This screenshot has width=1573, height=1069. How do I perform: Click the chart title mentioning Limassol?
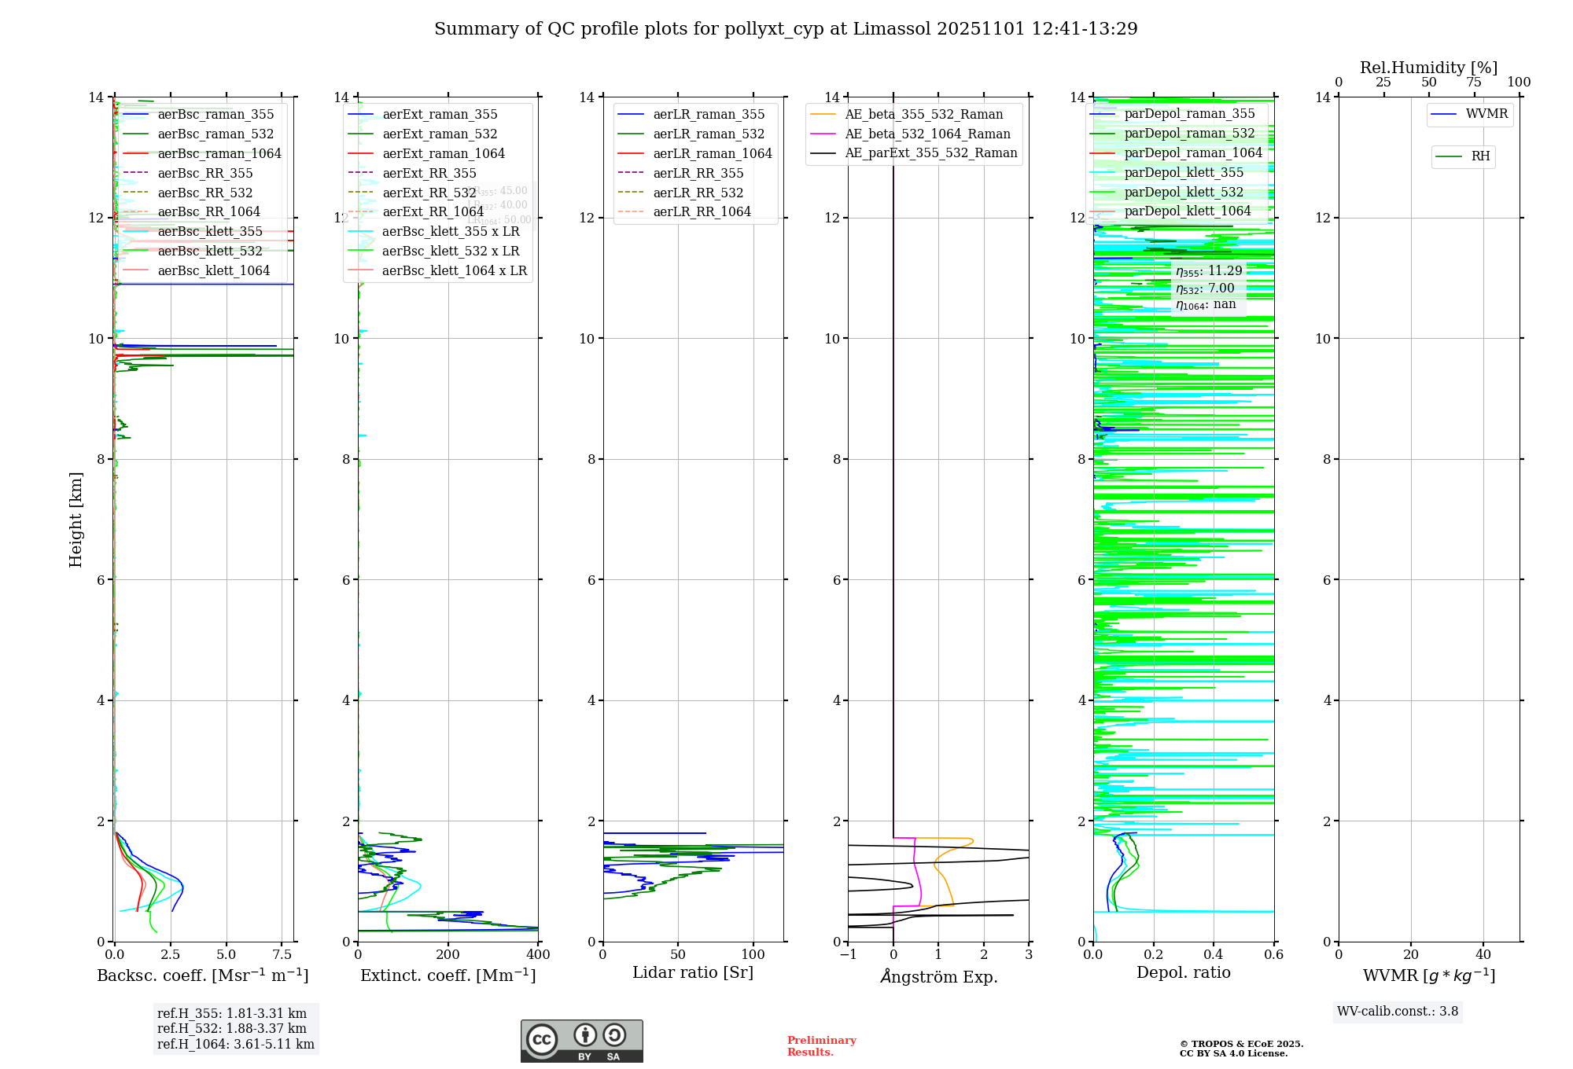(786, 29)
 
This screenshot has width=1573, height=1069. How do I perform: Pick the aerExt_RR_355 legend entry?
(429, 173)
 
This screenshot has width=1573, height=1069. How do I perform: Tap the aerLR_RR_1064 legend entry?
(702, 211)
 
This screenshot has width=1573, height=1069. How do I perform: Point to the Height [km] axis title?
(76, 519)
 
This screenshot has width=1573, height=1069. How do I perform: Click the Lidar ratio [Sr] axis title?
(692, 972)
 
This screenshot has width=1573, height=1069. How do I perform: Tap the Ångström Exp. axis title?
(938, 976)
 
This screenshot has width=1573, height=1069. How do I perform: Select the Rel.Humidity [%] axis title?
(1428, 68)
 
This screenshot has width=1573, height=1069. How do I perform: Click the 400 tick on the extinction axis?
(538, 955)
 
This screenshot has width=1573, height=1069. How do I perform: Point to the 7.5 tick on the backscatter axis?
(282, 955)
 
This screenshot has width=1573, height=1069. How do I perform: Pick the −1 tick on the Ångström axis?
(848, 955)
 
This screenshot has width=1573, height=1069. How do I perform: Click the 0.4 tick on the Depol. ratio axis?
(1214, 955)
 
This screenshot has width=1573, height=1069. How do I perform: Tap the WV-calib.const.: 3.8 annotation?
(1398, 1012)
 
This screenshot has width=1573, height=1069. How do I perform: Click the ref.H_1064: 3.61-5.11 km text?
(235, 1045)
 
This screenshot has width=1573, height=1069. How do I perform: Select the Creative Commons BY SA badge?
(581, 1041)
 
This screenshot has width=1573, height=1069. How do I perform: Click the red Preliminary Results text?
(821, 1046)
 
